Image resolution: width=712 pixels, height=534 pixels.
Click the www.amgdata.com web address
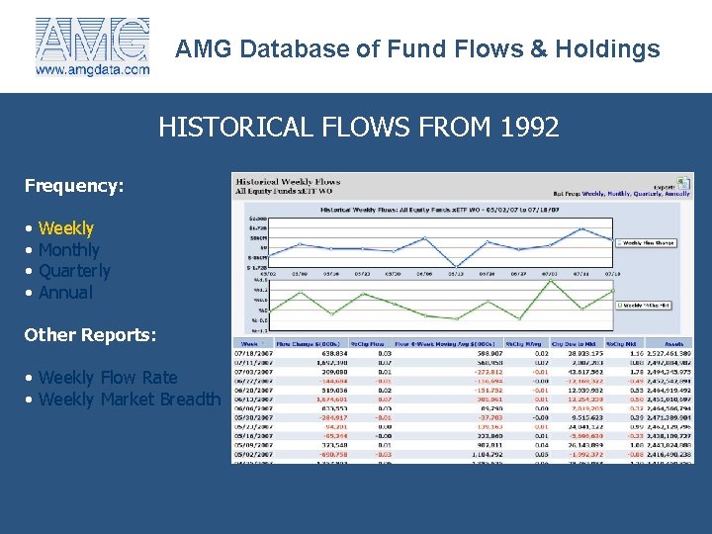pos(93,69)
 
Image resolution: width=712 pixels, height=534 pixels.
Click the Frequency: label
pos(73,185)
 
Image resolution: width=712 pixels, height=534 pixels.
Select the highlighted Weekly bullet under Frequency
pos(65,228)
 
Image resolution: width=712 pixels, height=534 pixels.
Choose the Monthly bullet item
pos(68,250)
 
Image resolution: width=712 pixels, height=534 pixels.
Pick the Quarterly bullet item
pos(73,271)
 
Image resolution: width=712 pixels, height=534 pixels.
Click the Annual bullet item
pos(64,293)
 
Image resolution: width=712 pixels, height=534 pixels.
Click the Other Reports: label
pos(90,334)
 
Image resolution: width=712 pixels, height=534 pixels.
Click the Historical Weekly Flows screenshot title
pos(288,182)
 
